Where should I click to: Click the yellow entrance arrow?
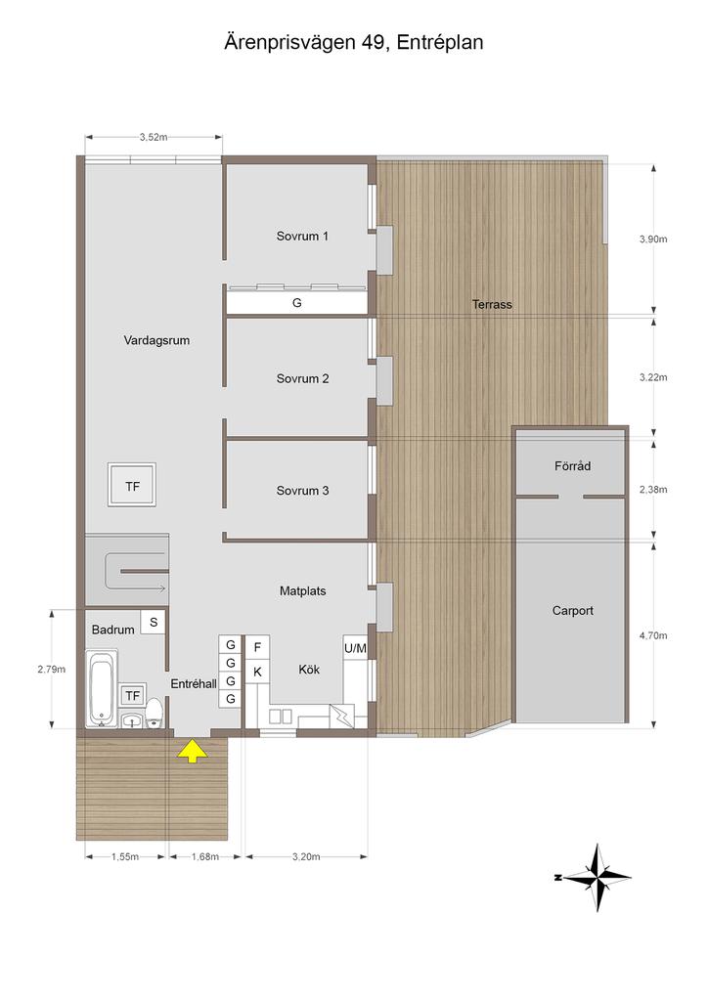pyautogui.click(x=193, y=752)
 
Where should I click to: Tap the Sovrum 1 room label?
pyautogui.click(x=302, y=237)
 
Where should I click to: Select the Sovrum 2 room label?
pyautogui.click(x=302, y=378)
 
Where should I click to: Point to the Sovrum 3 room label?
pyautogui.click(x=302, y=491)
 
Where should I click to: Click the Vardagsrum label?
pyautogui.click(x=156, y=340)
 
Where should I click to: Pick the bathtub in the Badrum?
pyautogui.click(x=102, y=689)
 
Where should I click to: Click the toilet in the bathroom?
pyautogui.click(x=154, y=713)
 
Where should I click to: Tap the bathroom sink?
pyautogui.click(x=132, y=720)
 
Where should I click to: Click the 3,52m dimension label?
pyautogui.click(x=154, y=137)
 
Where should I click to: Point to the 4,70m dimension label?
pyautogui.click(x=653, y=635)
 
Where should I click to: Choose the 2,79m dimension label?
pyautogui.click(x=51, y=670)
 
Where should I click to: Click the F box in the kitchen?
pyautogui.click(x=257, y=648)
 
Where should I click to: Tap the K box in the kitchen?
pyautogui.click(x=257, y=672)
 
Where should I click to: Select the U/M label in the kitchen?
pyautogui.click(x=356, y=649)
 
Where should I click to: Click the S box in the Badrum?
pyautogui.click(x=154, y=622)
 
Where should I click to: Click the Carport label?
pyautogui.click(x=573, y=611)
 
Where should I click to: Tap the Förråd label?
pyautogui.click(x=573, y=466)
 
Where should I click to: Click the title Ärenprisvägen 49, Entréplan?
pyautogui.click(x=354, y=43)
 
